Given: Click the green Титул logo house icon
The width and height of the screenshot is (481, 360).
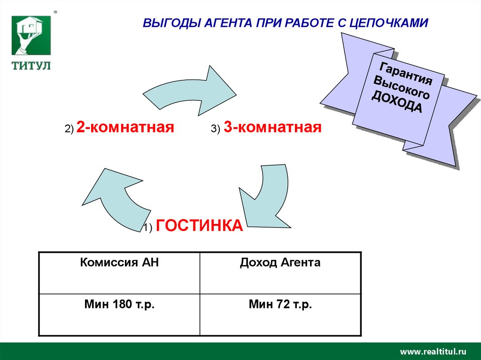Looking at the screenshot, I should click(x=31, y=37).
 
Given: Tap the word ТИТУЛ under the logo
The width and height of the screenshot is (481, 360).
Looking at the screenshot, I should click(x=31, y=66).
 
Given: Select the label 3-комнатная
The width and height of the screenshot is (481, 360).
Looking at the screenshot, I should click(x=272, y=127).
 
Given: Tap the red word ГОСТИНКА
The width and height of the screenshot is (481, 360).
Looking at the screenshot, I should click(x=200, y=225).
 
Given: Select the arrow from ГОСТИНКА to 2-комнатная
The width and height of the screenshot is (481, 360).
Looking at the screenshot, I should click(x=115, y=197).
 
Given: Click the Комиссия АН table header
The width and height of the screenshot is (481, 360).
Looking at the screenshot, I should click(x=119, y=263).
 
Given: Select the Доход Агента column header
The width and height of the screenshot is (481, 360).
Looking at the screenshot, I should click(x=280, y=263).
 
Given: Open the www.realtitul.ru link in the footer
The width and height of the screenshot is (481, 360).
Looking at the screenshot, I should click(x=433, y=352).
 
